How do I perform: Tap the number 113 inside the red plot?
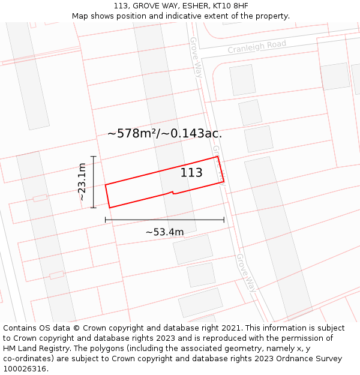click(191, 173)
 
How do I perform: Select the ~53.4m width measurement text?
click(164, 232)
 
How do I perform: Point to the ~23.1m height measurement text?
click(82, 182)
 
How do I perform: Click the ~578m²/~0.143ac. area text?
click(164, 133)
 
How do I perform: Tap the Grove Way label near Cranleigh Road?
click(196, 57)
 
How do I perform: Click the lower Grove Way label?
click(246, 273)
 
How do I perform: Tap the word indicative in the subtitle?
click(191, 16)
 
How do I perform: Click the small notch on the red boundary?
click(173, 193)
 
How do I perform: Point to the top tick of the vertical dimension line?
click(93, 156)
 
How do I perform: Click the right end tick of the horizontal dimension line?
click(224, 220)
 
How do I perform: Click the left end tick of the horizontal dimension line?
click(106, 220)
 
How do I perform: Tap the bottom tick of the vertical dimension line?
click(93, 208)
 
